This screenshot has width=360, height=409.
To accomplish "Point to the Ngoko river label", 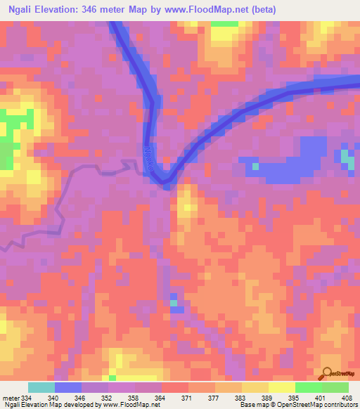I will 149,159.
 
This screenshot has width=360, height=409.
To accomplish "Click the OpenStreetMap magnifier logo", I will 327,374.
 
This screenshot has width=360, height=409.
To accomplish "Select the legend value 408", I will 346,397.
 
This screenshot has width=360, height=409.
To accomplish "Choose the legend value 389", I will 266,397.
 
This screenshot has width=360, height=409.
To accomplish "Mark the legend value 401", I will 320,397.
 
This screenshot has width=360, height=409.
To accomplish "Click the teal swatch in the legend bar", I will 41,387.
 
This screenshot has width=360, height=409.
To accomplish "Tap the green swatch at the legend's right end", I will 335,387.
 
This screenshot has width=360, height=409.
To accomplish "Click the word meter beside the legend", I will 10,397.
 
